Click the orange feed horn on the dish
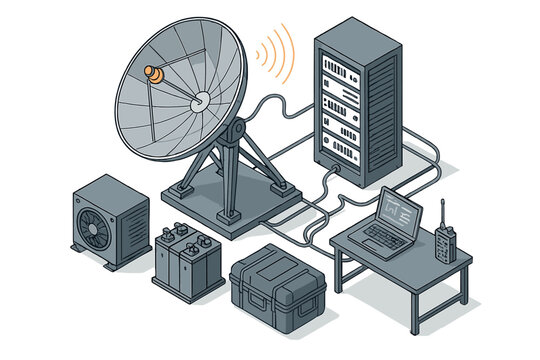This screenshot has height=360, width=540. coord(154,74)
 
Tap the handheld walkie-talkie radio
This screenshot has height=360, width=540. coord(442,245)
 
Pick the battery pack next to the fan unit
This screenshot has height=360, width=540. coord(188,258)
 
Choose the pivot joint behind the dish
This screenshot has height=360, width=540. coord(236,131)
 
